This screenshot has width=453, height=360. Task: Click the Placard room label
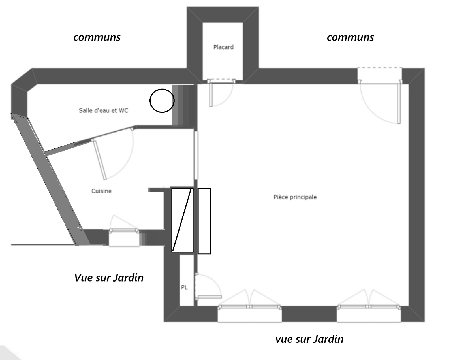pyautogui.click(x=223, y=47)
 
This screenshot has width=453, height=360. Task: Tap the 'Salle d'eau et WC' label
pyautogui.click(x=103, y=110)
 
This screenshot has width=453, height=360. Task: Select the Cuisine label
pyautogui.click(x=101, y=191)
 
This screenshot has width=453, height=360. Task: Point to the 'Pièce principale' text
pyautogui.click(x=295, y=197)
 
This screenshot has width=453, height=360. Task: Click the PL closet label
pyautogui.click(x=184, y=287)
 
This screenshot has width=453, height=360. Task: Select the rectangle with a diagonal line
pyautogui.click(x=183, y=220)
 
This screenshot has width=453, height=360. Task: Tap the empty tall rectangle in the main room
pyautogui.click(x=204, y=221)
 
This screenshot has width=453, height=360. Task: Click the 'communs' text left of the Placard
pyautogui.click(x=97, y=37)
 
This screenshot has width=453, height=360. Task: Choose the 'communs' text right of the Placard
pyautogui.click(x=351, y=37)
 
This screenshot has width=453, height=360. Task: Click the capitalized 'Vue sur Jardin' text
pyautogui.click(x=109, y=278)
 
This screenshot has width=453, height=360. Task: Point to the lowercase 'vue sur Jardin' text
pyautogui.click(x=309, y=339)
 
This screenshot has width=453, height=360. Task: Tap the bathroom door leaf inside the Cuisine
pyautogui.click(x=100, y=160)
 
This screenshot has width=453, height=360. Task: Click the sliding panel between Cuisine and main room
pyautogui.click(x=196, y=155)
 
